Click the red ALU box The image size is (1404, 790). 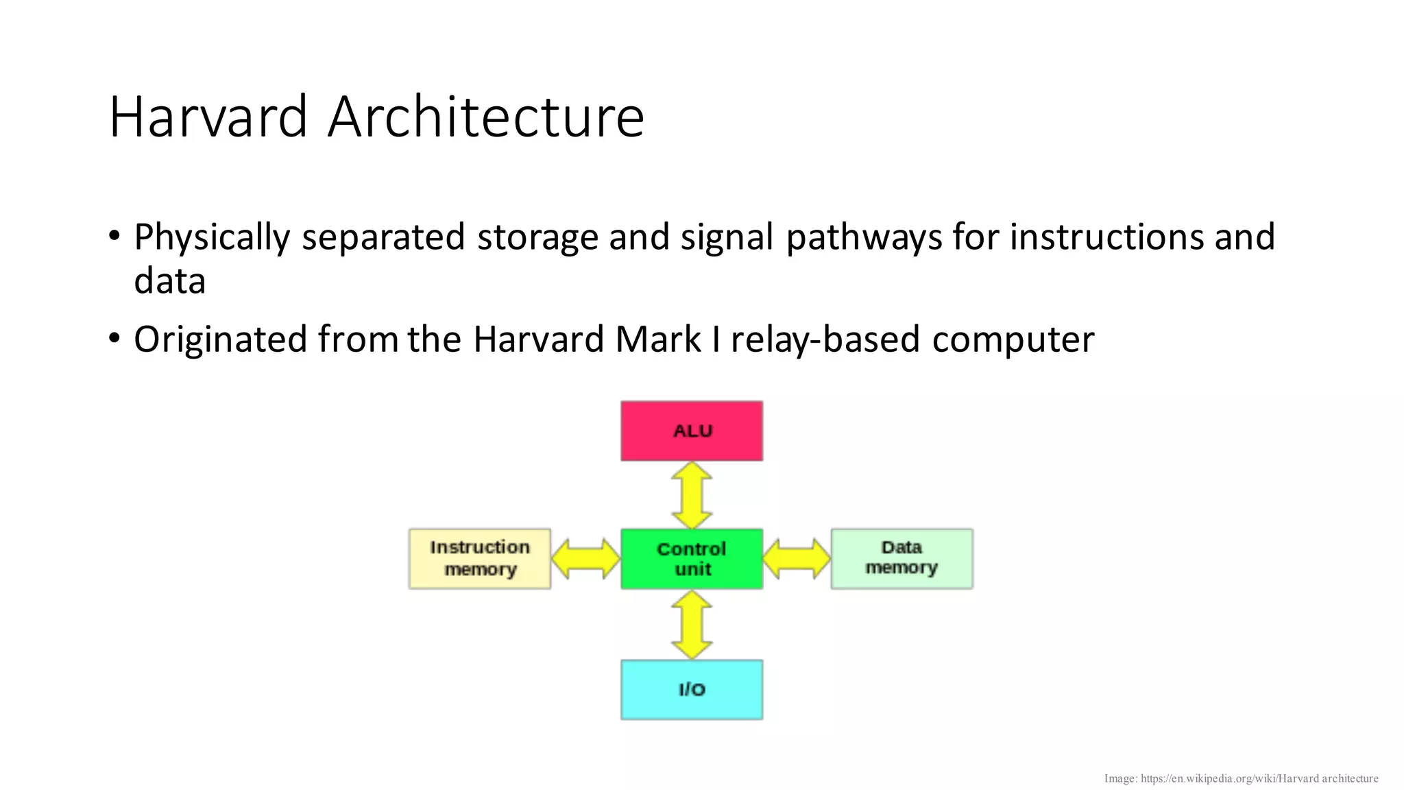pos(691,431)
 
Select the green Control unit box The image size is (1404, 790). pos(691,558)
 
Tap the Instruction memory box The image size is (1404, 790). pos(480,558)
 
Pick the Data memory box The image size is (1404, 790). pos(901,558)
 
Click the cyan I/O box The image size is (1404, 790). pos(691,689)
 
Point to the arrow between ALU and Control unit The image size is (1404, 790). pos(691,494)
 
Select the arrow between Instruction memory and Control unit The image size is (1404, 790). pos(585,558)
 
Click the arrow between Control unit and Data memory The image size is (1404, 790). pos(797,558)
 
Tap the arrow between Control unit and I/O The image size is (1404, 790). pos(691,625)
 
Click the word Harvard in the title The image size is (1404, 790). pos(208,117)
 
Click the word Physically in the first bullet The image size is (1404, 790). pos(212,237)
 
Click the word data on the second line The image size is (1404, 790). pos(169,281)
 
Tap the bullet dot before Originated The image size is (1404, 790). pos(114,338)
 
